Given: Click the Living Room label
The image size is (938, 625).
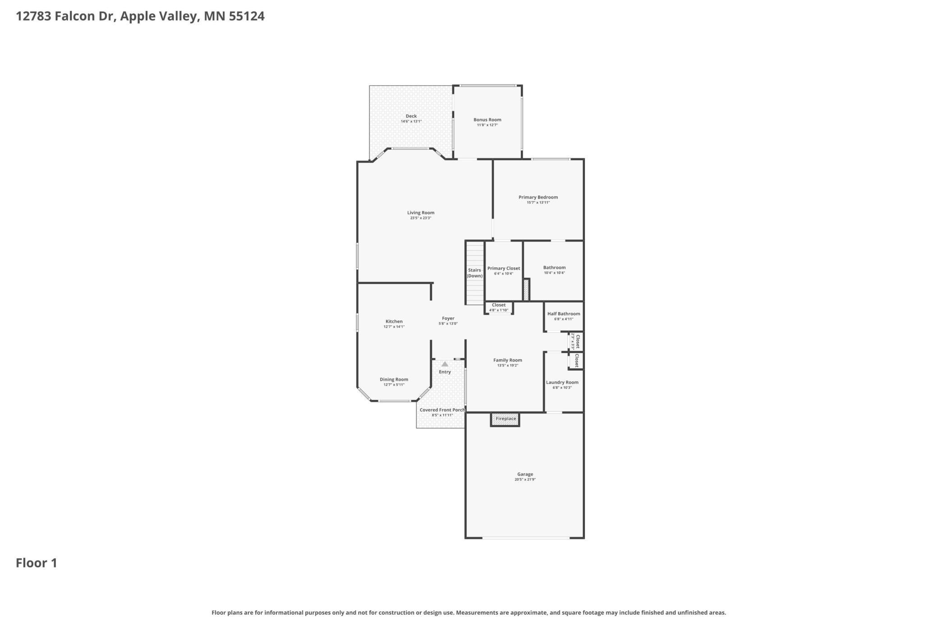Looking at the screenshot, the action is [421, 213].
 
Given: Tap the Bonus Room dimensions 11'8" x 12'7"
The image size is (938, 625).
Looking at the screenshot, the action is [487, 125].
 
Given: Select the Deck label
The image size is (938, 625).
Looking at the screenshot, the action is [411, 116].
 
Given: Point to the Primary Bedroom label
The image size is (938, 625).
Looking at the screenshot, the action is [538, 198].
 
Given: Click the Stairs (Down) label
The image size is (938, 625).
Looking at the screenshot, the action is [474, 273].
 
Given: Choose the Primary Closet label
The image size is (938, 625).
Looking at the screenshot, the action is [504, 268].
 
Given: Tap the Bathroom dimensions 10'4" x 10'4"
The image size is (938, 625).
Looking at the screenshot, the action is [554, 273].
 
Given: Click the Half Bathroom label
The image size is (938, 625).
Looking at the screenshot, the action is [564, 314].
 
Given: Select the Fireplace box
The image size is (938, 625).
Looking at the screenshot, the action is [506, 419].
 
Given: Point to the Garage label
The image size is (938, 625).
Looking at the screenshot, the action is [525, 474].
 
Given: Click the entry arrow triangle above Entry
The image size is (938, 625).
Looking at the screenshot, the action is [445, 364].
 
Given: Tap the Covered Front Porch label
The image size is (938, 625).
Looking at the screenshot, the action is [442, 410].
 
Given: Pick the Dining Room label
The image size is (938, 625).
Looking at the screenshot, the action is [394, 380].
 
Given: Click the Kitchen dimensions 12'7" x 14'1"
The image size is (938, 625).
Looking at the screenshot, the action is [394, 327].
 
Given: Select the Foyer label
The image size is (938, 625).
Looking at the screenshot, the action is [448, 318].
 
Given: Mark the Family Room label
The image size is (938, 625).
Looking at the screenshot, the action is [508, 360].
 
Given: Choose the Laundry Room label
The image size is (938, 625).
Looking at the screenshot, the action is [562, 382].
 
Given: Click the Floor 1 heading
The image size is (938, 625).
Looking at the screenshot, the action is [37, 563].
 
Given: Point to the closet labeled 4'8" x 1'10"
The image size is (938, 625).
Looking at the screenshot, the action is [499, 308].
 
